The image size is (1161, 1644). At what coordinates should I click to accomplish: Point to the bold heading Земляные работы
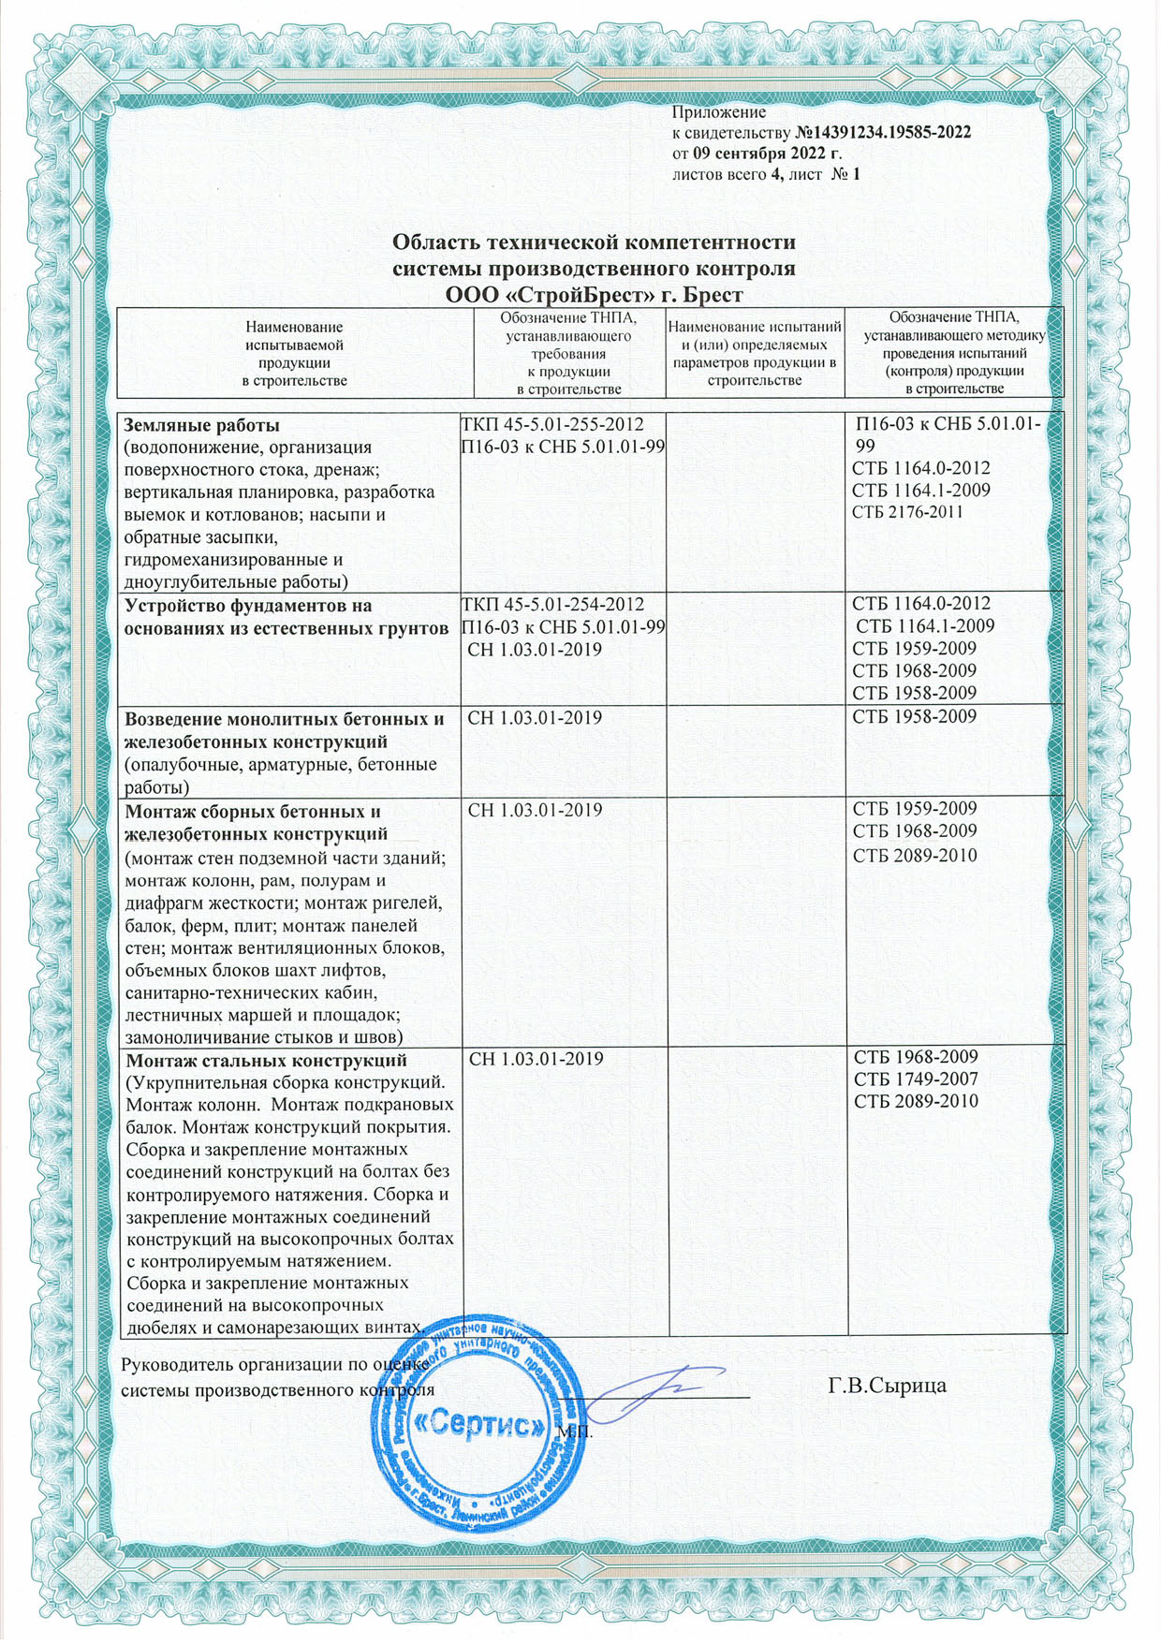(x=202, y=425)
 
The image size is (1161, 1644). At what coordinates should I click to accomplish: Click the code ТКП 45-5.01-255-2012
(x=552, y=425)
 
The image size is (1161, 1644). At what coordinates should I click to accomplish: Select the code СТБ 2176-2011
(x=907, y=512)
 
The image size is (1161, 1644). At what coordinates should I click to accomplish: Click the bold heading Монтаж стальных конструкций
(x=266, y=1061)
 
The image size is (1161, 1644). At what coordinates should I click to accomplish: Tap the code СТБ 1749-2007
(x=916, y=1079)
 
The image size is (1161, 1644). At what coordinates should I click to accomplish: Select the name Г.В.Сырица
(x=888, y=1385)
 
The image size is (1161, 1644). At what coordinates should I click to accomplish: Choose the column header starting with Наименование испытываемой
(x=294, y=354)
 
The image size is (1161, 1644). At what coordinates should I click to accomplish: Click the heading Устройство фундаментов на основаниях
(x=286, y=616)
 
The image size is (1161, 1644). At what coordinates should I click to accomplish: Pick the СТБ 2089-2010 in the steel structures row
(x=916, y=1102)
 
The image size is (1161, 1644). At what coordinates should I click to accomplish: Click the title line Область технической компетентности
(x=594, y=243)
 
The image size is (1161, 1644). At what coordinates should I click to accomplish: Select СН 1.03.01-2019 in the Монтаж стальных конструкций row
(x=536, y=1060)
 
